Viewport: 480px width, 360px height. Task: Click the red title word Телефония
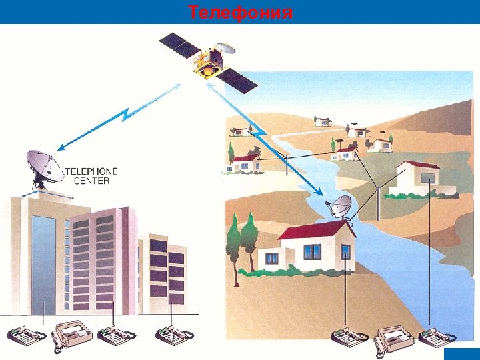pyautogui.click(x=240, y=13)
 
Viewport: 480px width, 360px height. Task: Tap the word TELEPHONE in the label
pyautogui.click(x=91, y=171)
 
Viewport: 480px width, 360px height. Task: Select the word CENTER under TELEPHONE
pyautogui.click(x=92, y=181)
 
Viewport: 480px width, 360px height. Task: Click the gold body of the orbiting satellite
pyautogui.click(x=207, y=64)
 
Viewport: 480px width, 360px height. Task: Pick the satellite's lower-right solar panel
pyautogui.click(x=238, y=79)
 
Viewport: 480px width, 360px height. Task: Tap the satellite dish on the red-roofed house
pyautogui.click(x=341, y=207)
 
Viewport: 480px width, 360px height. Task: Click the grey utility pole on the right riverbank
pyautogui.click(x=379, y=200)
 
